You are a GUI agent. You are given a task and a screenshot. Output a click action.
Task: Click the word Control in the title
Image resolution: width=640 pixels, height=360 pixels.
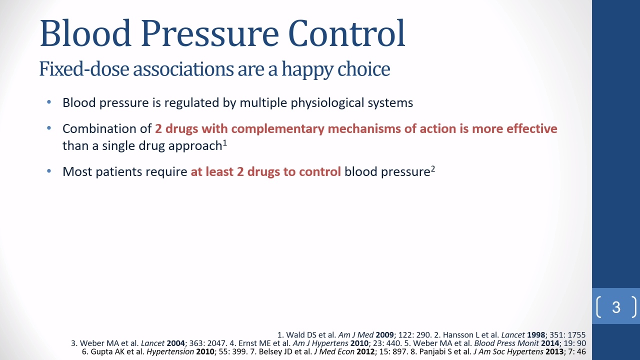pyautogui.click(x=346, y=33)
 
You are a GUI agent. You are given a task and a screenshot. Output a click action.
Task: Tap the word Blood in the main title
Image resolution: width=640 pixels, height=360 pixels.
pyautogui.click(x=85, y=33)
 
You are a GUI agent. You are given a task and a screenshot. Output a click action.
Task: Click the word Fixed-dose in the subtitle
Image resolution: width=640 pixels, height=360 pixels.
pyautogui.click(x=84, y=69)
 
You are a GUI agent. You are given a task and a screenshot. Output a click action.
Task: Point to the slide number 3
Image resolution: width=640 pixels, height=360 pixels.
pyautogui.click(x=616, y=307)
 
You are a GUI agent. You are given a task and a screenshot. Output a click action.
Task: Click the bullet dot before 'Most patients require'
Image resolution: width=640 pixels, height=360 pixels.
pyautogui.click(x=49, y=171)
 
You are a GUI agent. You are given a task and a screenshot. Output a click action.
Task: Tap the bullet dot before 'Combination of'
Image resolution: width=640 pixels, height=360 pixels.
pyautogui.click(x=49, y=128)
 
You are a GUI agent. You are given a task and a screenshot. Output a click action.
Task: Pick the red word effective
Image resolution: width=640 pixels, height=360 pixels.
pyautogui.click(x=531, y=128)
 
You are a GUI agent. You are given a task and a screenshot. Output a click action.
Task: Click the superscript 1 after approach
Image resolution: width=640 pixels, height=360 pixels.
pyautogui.click(x=225, y=142)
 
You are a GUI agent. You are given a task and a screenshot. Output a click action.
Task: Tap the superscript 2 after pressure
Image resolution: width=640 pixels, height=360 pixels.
pyautogui.click(x=433, y=168)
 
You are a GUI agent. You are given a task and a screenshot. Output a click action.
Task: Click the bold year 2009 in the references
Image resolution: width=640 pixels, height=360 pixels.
pyautogui.click(x=384, y=335)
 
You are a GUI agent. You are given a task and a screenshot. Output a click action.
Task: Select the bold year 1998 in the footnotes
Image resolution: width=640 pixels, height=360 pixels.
pyautogui.click(x=536, y=335)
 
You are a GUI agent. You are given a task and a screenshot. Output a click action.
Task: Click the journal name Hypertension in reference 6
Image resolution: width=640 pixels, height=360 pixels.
pyautogui.click(x=170, y=352)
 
